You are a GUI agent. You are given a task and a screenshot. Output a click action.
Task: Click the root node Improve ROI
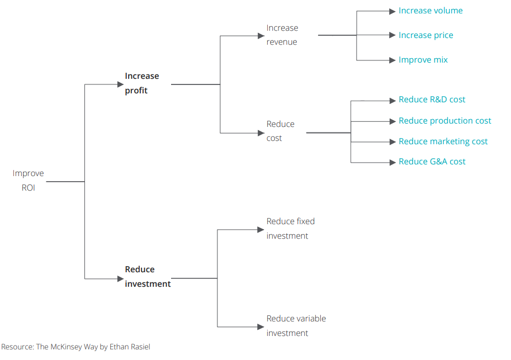coord(28,181)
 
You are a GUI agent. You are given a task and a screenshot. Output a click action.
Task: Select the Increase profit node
coord(142,83)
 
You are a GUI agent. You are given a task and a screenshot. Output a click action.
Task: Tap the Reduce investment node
coord(148,277)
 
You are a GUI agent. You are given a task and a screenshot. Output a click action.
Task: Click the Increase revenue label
coord(282,35)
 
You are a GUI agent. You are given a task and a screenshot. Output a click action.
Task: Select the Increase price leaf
coord(426,35)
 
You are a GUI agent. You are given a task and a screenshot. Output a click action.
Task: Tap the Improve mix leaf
coord(423,60)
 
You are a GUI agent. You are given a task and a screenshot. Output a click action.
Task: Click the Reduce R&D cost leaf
coord(432,100)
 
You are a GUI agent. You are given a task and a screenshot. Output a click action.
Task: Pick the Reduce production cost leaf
coord(445,121)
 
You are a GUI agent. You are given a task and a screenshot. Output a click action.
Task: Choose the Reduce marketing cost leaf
coord(443,141)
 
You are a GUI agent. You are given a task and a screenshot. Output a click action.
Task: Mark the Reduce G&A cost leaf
coord(432,162)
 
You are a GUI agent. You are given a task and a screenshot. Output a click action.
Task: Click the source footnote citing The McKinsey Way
coord(75,347)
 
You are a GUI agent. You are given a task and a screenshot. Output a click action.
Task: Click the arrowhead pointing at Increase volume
coord(392,11)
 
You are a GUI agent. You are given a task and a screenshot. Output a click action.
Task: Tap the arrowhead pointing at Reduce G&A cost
coord(392,162)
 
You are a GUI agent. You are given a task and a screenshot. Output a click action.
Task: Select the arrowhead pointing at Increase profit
coord(121,84)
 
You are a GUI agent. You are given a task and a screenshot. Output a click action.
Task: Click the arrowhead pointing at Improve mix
coord(392,60)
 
